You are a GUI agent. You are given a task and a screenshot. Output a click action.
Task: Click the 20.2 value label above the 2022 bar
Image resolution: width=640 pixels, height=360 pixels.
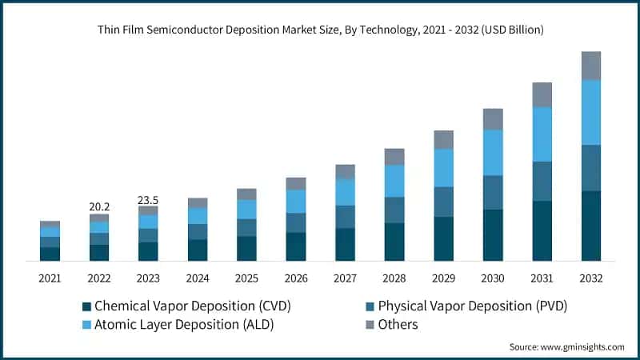coord(99,207)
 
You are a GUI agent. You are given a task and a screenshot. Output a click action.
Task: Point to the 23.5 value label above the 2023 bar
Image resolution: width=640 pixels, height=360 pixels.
coord(148,199)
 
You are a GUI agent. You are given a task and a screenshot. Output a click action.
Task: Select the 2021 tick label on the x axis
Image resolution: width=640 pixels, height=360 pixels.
coord(50,278)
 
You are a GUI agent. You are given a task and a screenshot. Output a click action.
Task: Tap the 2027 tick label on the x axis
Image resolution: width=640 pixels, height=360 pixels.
coord(345,278)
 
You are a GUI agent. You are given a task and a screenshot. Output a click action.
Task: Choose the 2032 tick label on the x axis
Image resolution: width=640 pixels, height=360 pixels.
coord(591,278)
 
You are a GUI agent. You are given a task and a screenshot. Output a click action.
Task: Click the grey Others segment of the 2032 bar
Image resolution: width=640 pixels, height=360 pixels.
coord(591,66)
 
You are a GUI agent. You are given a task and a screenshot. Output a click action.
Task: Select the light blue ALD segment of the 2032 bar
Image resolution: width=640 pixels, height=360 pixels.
coord(591,112)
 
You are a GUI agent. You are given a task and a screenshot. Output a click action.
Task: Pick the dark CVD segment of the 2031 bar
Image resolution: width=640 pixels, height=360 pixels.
coord(542,230)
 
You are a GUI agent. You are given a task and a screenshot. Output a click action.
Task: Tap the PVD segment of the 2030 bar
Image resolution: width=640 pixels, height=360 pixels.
coord(493,192)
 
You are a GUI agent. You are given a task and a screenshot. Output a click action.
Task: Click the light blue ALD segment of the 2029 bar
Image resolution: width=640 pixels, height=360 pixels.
coord(444,168)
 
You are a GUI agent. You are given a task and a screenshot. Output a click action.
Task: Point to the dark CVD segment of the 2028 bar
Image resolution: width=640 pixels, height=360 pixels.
coord(394,242)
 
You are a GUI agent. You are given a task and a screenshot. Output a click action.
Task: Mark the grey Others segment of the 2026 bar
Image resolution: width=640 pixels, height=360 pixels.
coord(296,183)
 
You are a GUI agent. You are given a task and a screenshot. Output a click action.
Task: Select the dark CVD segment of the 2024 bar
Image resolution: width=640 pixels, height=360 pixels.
coord(198,250)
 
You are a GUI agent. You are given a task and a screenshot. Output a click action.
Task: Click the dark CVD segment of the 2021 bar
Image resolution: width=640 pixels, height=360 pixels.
coord(50,254)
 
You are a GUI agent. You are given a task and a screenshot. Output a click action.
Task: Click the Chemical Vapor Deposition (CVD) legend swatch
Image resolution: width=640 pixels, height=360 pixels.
coord(86,306)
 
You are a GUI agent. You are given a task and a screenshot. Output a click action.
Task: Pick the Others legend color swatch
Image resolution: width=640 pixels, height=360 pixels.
coord(370,325)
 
